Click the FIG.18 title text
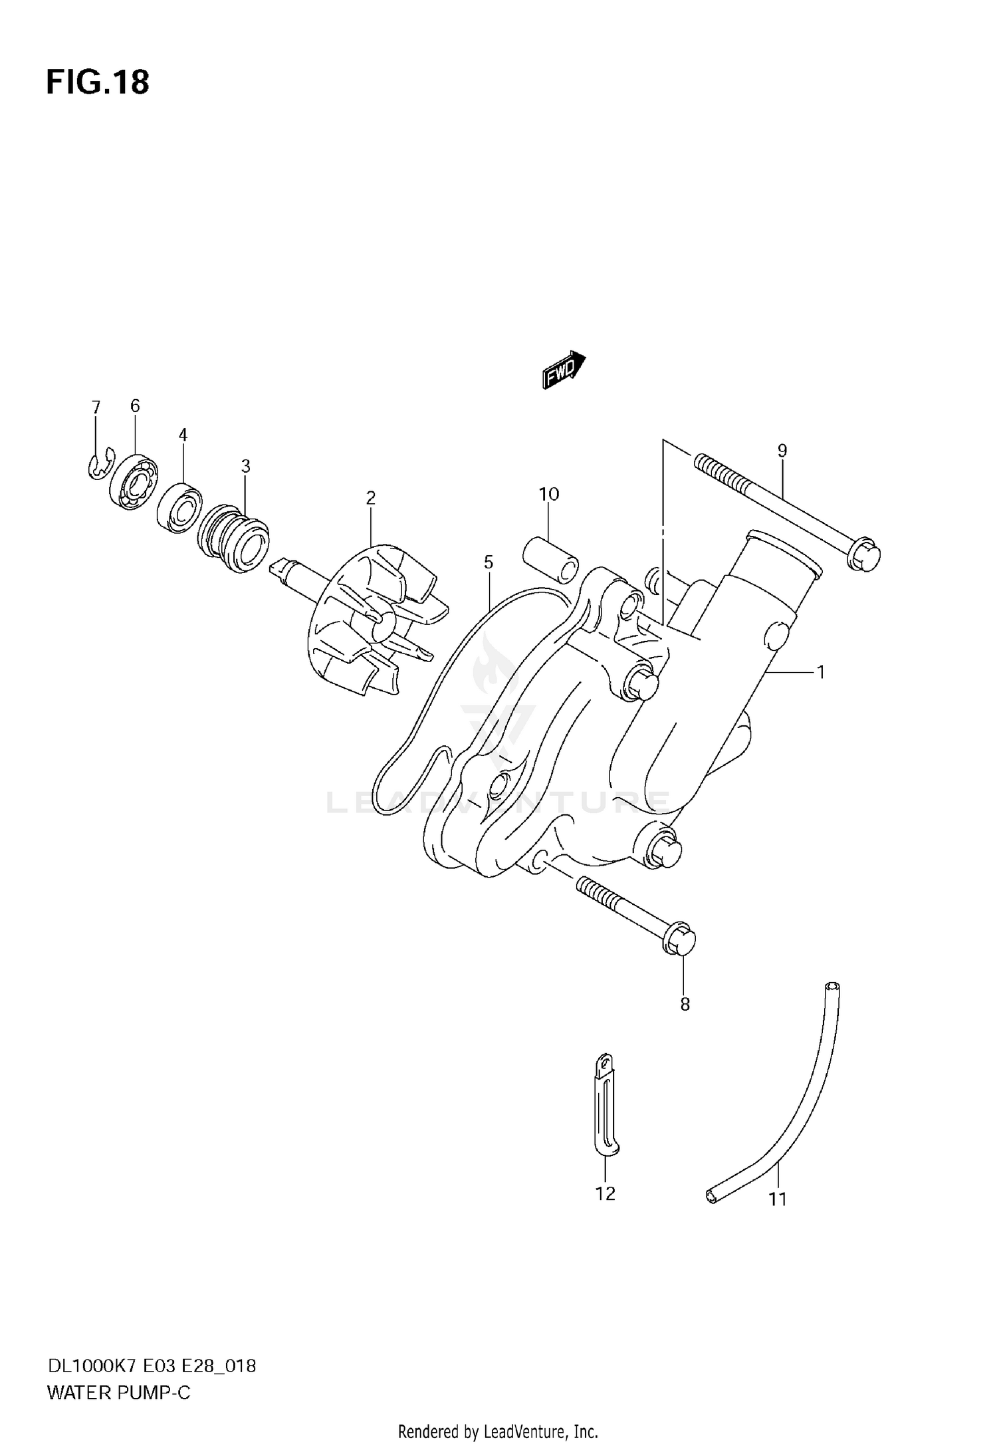[98, 83]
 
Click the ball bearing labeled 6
[135, 481]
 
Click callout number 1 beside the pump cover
[821, 672]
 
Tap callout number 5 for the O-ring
[489, 562]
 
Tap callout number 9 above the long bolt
[782, 451]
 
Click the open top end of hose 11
[831, 986]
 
